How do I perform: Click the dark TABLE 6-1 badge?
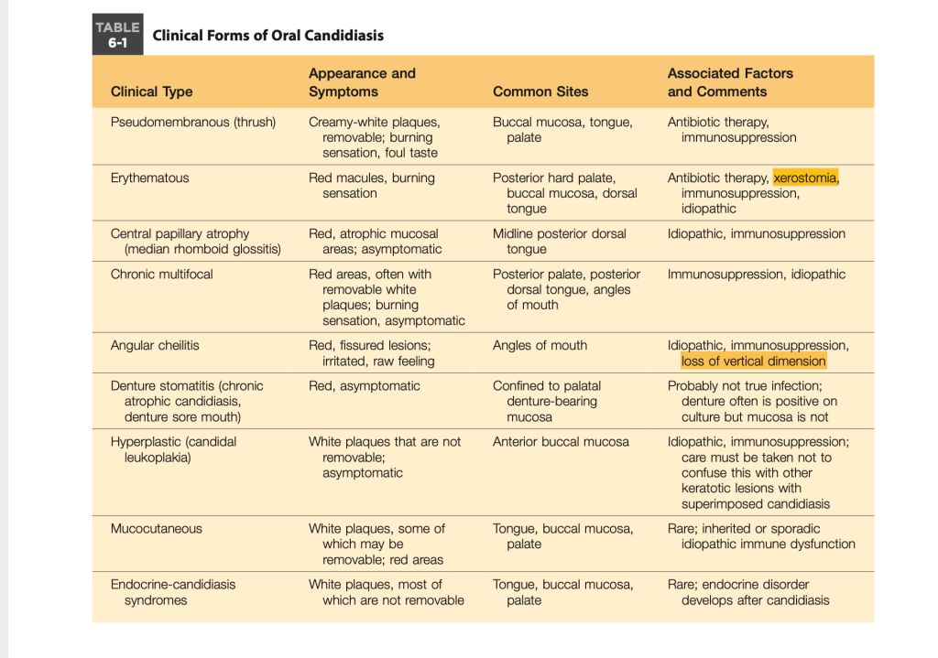pyautogui.click(x=117, y=35)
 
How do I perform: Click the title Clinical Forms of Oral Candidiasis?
pyautogui.click(x=267, y=36)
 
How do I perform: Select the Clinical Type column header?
pyautogui.click(x=151, y=92)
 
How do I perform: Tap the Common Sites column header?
pyautogui.click(x=540, y=92)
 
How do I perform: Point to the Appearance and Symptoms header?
pyautogui.click(x=362, y=82)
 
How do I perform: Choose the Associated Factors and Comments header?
pyautogui.click(x=730, y=82)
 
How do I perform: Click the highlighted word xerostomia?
pyautogui.click(x=805, y=178)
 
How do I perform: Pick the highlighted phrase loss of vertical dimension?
pyautogui.click(x=754, y=361)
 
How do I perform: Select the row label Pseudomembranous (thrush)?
pyautogui.click(x=193, y=122)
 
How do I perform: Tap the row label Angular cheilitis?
pyautogui.click(x=155, y=345)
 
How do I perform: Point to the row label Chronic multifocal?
pyautogui.click(x=157, y=274)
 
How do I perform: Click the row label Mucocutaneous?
pyautogui.click(x=157, y=528)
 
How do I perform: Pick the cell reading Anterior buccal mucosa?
pyautogui.click(x=561, y=441)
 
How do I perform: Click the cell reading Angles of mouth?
pyautogui.click(x=540, y=345)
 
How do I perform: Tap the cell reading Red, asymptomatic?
pyautogui.click(x=365, y=385)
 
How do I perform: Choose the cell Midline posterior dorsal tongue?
pyautogui.click(x=559, y=241)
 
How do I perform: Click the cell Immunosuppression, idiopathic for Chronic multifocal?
pyautogui.click(x=757, y=274)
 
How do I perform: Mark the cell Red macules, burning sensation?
pyautogui.click(x=371, y=185)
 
